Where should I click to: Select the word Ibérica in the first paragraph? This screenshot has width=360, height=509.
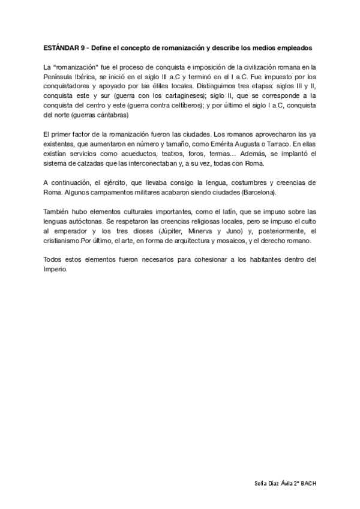[89, 78]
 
